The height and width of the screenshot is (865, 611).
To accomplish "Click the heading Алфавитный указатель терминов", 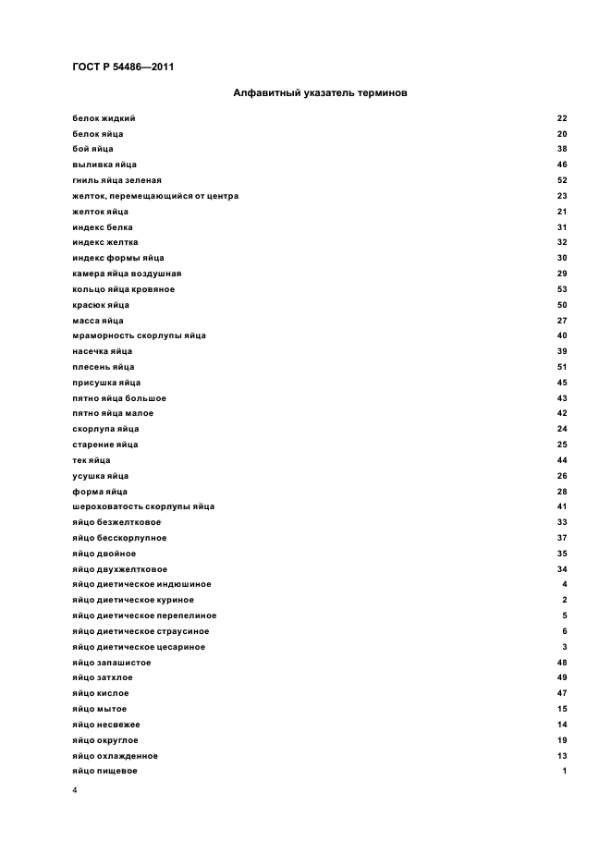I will coord(320,92).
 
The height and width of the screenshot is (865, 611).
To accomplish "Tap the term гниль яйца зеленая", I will coord(116,180).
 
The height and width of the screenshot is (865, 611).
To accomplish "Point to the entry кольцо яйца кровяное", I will coord(123,289).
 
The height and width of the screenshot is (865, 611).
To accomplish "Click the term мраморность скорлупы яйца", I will coord(139,335).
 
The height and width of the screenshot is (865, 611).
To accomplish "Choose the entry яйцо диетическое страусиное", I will coord(140,631).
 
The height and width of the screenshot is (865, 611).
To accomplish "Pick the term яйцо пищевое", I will coord(104,771).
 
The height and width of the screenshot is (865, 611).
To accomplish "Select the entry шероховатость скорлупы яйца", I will coord(142,506).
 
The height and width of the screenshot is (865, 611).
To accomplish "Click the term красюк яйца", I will coord(100,305).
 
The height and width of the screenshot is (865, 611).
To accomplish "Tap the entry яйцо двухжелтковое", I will coord(119,569).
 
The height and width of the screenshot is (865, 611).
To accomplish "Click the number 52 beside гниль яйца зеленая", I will coord(562,180).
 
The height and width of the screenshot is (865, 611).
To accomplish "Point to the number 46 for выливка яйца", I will coord(562,164).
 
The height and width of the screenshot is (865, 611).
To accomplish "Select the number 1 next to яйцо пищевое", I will coord(564,771).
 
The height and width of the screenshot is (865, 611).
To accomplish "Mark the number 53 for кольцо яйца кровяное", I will coord(562,289).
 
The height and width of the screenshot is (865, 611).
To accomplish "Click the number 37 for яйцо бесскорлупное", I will coord(562,538).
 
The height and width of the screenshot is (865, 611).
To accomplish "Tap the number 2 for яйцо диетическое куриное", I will coord(564,600).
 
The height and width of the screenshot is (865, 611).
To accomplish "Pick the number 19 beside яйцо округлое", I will coord(562,739).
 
